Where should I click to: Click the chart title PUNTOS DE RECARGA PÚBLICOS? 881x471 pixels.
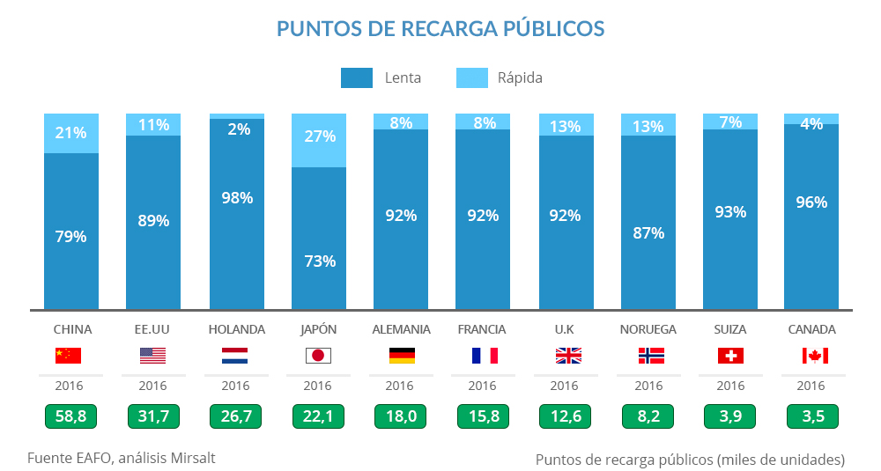(440, 28)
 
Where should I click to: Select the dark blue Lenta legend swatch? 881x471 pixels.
(357, 77)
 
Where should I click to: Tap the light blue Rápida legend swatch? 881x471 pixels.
(471, 77)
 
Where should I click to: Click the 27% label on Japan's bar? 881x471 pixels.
(318, 136)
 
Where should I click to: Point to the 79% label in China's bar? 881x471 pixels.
(70, 237)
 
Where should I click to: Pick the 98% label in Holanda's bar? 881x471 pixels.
(236, 198)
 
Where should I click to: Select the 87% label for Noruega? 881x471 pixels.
(648, 233)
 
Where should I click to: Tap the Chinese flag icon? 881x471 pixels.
(68, 356)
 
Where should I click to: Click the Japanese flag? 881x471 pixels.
(318, 356)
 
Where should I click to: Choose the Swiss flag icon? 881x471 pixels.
(730, 356)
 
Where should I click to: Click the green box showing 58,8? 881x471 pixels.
(70, 416)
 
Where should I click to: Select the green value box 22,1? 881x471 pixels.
(318, 416)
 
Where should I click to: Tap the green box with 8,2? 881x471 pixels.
(648, 416)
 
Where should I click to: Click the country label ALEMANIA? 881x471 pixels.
(401, 329)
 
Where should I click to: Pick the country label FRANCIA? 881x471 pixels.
(482, 329)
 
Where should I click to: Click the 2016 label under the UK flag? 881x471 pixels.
(564, 386)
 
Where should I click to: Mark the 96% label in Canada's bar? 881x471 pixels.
(811, 202)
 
